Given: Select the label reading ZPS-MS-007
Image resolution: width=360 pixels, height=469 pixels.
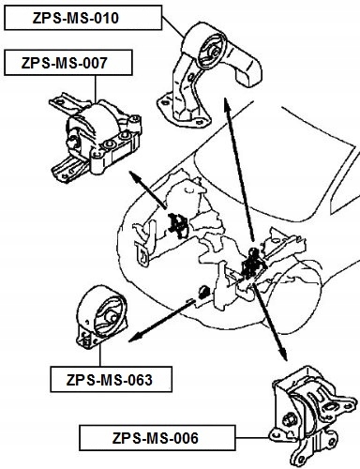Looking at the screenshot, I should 67,63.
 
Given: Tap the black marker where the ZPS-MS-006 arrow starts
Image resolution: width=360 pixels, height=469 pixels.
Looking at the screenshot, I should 251,266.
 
